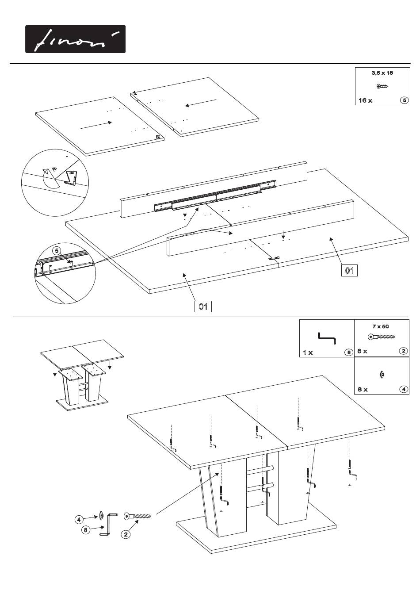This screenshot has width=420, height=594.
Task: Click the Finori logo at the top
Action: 75,39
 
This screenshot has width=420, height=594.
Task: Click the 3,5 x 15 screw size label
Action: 382,73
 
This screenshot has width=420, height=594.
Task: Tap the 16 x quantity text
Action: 366,100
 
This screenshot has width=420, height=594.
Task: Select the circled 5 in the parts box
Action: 405,100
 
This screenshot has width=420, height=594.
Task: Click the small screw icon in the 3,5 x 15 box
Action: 382,86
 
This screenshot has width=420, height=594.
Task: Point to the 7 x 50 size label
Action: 381,326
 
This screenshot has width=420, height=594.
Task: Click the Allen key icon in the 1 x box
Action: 327,338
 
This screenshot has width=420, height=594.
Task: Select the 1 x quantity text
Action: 308,353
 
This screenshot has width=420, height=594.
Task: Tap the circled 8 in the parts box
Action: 349,352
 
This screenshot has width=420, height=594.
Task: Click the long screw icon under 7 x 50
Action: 381,337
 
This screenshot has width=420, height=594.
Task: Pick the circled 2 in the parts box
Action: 403,351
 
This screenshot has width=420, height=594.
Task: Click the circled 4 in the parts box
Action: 404,389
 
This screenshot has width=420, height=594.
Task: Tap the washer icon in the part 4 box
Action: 382,375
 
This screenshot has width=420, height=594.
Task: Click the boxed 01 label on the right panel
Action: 349,270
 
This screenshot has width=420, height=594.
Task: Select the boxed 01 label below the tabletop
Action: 203,307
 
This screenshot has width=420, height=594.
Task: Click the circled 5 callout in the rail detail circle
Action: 57,251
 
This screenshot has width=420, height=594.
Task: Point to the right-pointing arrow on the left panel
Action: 96,125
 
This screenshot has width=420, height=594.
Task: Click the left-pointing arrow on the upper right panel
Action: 201,103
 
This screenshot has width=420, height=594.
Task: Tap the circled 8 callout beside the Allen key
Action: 86,530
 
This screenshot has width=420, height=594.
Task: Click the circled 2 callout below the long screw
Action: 126,534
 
